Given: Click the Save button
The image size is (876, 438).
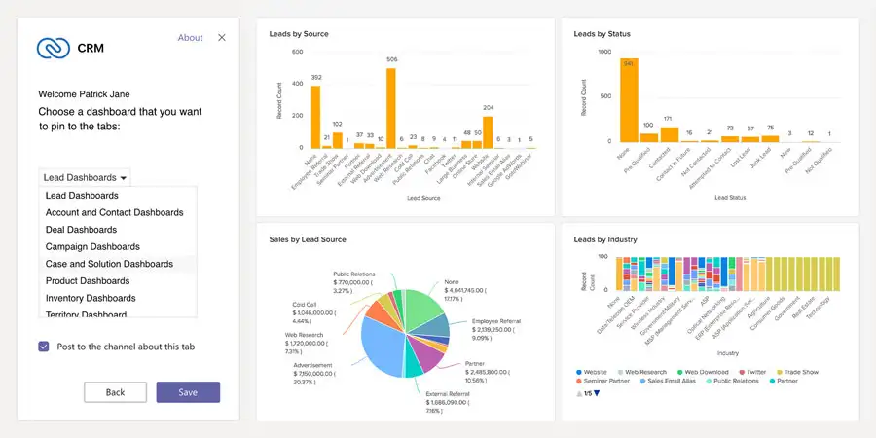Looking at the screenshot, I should (188, 392).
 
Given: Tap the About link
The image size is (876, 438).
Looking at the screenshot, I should (190, 38).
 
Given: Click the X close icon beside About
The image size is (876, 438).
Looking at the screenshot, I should (222, 38).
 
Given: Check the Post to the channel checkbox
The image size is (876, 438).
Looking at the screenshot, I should (44, 347).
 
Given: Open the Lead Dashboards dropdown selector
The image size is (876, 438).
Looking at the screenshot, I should (85, 177).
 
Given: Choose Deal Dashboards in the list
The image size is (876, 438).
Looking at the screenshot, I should (81, 230).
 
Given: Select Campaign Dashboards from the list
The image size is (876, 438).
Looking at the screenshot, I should (92, 247).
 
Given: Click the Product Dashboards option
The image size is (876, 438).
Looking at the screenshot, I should (87, 281).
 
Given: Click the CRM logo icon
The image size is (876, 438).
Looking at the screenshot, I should (50, 47).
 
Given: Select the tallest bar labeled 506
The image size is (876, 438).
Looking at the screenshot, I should (391, 108).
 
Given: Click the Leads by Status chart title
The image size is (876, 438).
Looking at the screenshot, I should (602, 34).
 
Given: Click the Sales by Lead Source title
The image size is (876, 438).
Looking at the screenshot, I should (308, 239).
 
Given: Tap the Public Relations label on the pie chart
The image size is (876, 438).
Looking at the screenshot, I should (355, 274).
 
